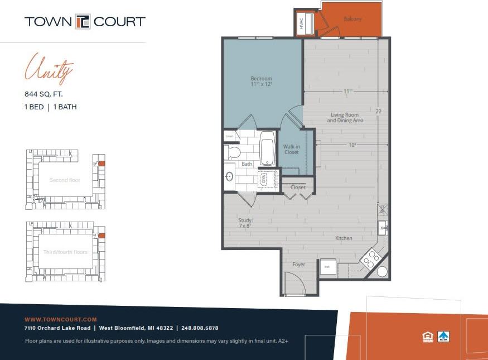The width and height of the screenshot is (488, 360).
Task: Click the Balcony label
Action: (352, 19)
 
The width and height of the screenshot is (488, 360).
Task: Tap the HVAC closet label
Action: (301, 23)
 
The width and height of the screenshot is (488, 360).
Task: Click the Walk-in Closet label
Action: (291, 149)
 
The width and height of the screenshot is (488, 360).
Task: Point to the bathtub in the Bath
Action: (268, 148)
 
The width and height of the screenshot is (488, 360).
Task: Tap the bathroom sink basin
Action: (229, 177)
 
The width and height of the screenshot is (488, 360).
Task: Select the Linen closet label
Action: (229, 136)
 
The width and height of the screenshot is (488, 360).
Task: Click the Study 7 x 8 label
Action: (246, 223)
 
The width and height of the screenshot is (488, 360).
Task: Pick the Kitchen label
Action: (344, 238)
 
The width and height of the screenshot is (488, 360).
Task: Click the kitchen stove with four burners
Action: (370, 258)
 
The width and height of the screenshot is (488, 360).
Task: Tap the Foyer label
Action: (299, 265)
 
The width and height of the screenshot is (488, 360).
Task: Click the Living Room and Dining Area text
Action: (345, 117)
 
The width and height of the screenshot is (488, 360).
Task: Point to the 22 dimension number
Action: (379, 112)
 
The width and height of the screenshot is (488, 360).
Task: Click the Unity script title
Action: (49, 68)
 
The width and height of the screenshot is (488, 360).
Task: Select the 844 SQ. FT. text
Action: (44, 95)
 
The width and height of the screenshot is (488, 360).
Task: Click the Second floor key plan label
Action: (65, 180)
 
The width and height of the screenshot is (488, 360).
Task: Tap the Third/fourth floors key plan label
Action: (65, 252)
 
